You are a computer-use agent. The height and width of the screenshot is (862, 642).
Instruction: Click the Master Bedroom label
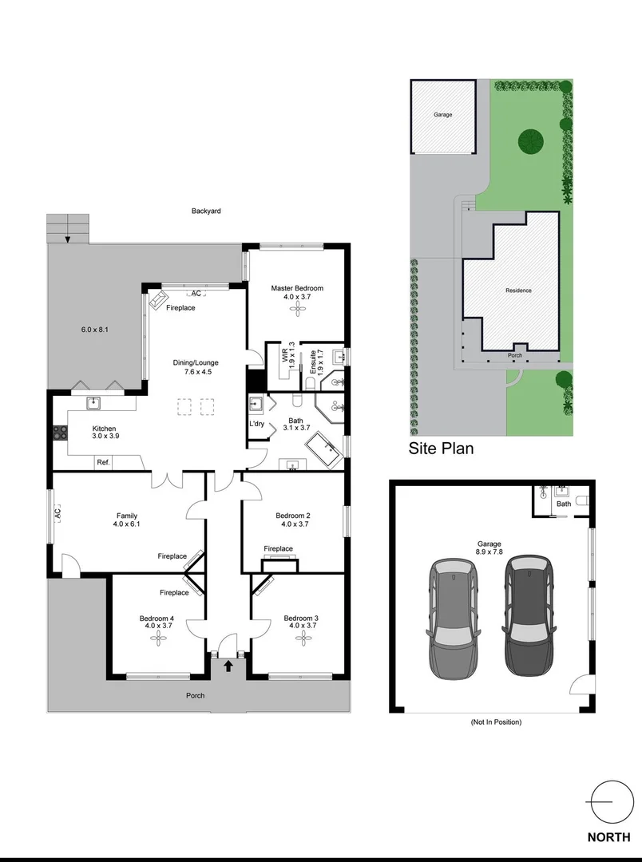click(296, 288)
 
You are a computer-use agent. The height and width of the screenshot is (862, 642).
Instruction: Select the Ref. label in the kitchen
click(103, 462)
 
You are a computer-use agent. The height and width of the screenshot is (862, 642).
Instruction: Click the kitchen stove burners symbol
click(60, 433)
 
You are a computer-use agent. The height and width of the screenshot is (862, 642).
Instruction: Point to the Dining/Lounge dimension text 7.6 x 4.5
click(196, 371)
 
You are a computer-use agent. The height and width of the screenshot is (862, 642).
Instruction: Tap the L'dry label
click(257, 423)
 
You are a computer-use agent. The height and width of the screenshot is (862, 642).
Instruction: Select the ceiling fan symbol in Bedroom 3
click(299, 639)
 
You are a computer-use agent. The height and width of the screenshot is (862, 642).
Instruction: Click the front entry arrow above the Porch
click(228, 665)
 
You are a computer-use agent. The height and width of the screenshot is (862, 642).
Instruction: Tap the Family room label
click(127, 515)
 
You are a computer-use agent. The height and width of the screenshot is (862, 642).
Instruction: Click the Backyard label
click(205, 212)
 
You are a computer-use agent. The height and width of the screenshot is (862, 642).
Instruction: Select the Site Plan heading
click(441, 449)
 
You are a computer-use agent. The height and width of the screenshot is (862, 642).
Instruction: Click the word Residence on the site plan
click(518, 291)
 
